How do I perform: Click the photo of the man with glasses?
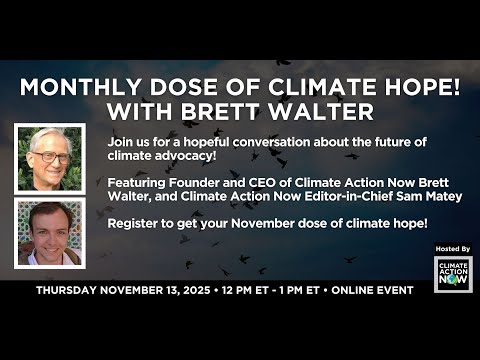(x=50, y=158)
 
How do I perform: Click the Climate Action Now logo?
(x=452, y=274)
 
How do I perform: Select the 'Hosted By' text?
(x=452, y=247)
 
